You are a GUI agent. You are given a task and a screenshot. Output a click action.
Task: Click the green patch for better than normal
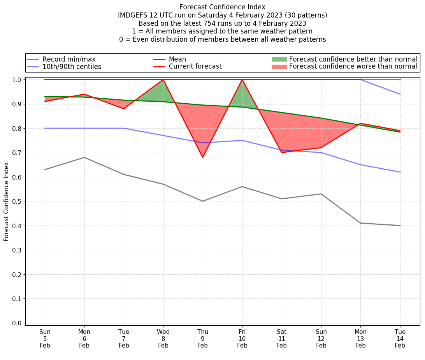click(279, 59)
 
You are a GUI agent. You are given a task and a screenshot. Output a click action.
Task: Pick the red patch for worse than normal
click(279, 67)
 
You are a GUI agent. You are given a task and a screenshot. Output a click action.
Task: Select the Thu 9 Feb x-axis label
click(202, 338)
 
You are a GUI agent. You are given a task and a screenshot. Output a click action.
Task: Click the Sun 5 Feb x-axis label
click(45, 338)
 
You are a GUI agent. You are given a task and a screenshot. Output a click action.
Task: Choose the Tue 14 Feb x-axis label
click(400, 338)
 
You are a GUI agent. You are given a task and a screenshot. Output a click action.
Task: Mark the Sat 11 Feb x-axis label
click(281, 338)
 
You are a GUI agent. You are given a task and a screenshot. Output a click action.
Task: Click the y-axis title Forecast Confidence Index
click(7, 201)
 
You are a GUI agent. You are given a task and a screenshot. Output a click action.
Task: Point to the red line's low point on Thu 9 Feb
click(202, 157)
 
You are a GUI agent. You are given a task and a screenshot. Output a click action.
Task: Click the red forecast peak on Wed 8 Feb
click(163, 79)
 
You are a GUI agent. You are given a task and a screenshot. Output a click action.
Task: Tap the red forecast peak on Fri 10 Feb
click(242, 79)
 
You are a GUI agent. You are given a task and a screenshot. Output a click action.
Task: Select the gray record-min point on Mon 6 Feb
click(84, 157)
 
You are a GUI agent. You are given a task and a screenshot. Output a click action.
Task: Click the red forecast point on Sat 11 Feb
click(281, 152)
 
